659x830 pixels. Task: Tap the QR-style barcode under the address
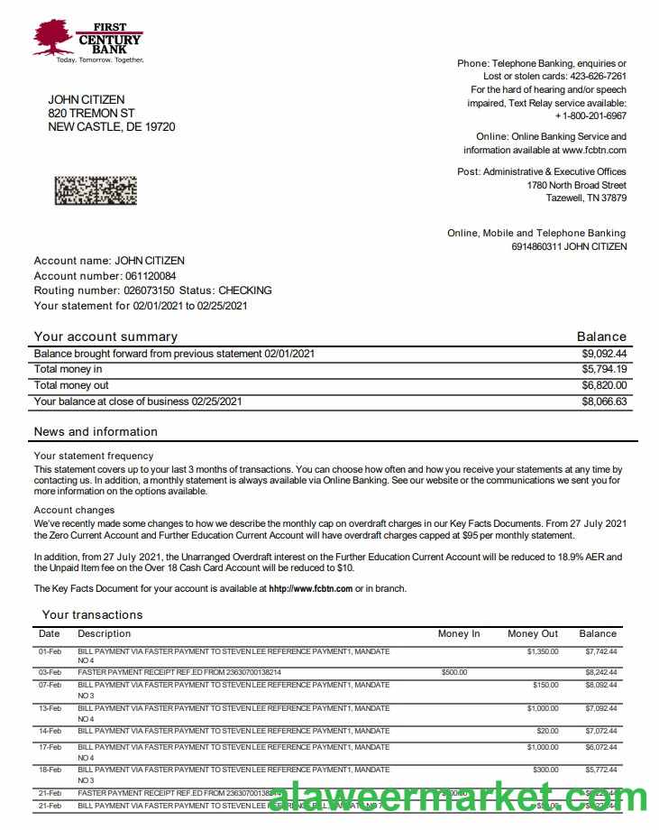click(x=96, y=189)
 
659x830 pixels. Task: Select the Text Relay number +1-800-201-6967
click(x=590, y=116)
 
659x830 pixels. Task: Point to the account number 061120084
click(x=151, y=276)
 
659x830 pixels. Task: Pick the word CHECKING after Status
click(x=245, y=290)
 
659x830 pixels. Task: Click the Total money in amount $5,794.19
click(x=604, y=369)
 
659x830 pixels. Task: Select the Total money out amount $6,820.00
click(x=604, y=385)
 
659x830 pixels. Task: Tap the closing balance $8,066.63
click(x=604, y=401)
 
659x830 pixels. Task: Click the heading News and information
click(x=96, y=431)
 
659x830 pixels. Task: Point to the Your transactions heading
click(x=92, y=614)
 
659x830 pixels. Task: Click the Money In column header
click(x=459, y=633)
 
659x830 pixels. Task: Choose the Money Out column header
click(x=533, y=633)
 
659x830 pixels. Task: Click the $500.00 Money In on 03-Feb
click(x=455, y=672)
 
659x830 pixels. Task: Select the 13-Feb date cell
click(x=50, y=708)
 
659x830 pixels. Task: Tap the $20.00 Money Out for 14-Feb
click(x=547, y=731)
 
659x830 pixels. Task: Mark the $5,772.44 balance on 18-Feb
click(x=600, y=770)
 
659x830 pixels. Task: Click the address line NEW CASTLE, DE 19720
click(x=112, y=127)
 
